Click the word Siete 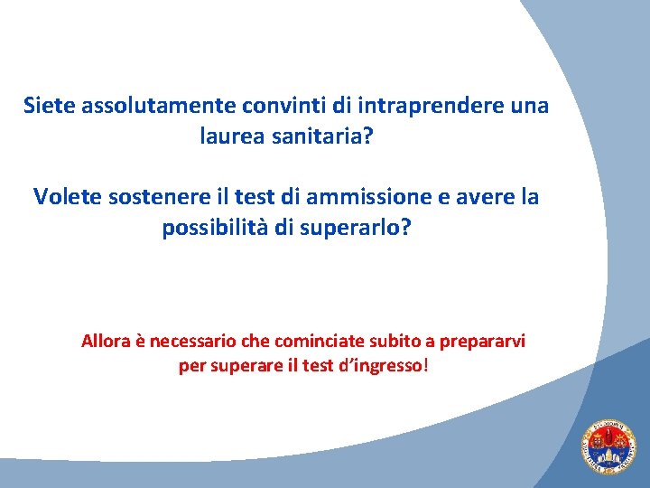tap(50, 106)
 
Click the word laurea tap(230, 138)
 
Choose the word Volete tap(67, 196)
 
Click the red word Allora tap(106, 342)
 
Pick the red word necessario tap(190, 342)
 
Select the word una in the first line tap(529, 106)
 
